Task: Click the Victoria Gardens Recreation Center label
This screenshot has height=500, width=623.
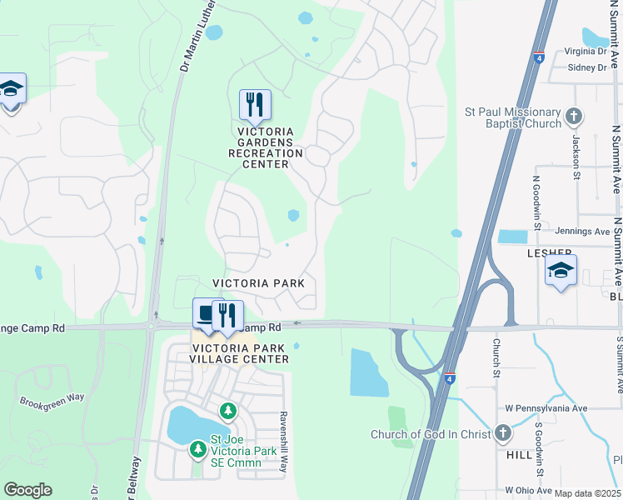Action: [x=266, y=147]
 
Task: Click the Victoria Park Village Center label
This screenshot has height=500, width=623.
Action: [x=239, y=352]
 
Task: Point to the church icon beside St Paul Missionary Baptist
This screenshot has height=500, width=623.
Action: [x=573, y=116]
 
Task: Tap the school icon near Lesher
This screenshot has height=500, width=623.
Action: [x=561, y=270]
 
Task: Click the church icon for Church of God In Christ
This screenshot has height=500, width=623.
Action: [x=501, y=432]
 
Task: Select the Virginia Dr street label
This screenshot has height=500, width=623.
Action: [x=586, y=51]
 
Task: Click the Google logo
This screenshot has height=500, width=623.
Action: [x=27, y=490]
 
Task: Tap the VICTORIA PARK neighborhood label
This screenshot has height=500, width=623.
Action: [x=258, y=283]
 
